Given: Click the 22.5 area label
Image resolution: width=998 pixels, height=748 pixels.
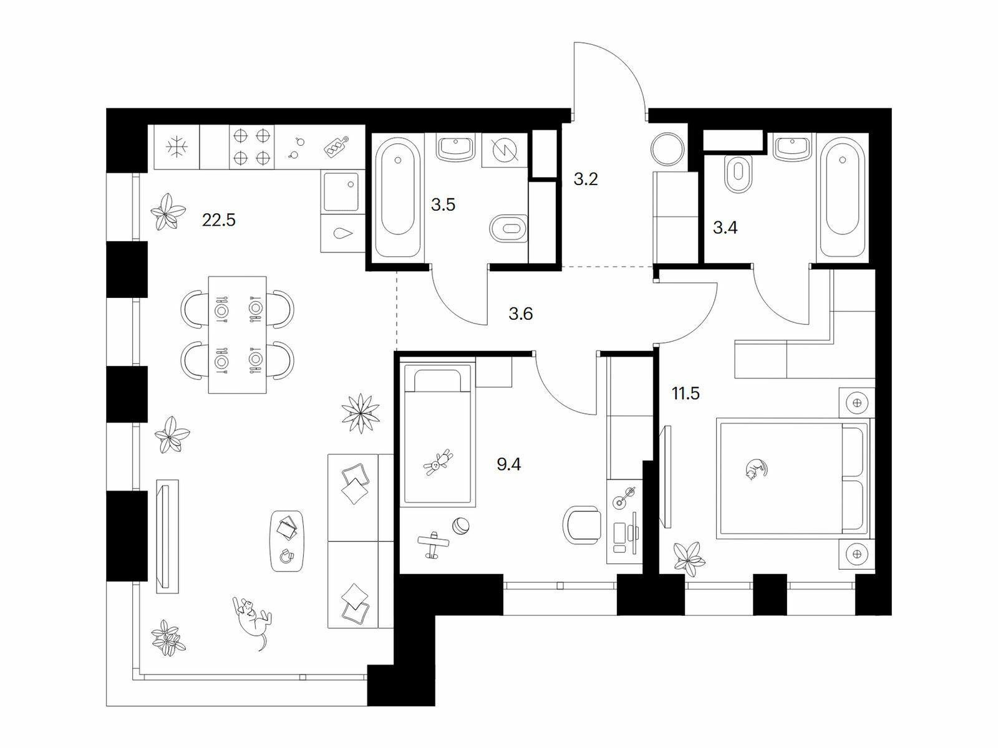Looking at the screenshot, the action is point(219,220).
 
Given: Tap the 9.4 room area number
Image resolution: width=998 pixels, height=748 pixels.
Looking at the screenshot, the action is point(509,464).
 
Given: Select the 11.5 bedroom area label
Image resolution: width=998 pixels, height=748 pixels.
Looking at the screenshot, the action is point(686,393).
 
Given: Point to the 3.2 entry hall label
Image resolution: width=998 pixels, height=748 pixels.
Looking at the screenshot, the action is point(586,180).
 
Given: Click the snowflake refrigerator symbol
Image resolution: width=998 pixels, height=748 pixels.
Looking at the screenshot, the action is point(177,147).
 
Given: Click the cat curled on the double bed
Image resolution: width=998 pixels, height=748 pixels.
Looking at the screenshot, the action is point(756,469).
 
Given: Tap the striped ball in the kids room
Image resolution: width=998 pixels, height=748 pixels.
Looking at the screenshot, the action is point(460,527).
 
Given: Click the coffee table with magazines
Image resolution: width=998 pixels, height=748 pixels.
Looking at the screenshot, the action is point(287,541).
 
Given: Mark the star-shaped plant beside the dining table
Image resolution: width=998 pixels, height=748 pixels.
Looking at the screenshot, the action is point(361,413).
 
